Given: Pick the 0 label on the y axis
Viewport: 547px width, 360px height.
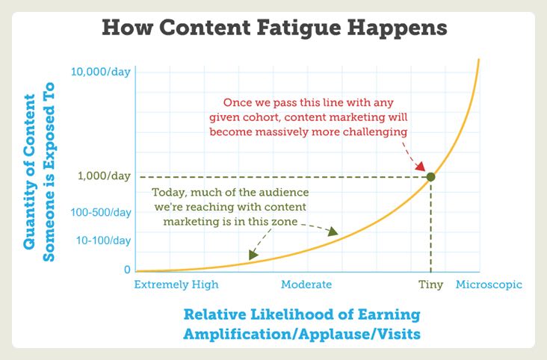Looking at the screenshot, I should [x=127, y=269].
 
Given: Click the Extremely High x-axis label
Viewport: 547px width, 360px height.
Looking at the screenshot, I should [x=176, y=285].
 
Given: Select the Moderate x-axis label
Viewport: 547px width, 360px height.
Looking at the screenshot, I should [x=306, y=285].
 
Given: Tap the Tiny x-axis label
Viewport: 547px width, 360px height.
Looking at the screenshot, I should [x=430, y=285].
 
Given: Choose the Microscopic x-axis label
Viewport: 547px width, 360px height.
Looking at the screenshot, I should [x=489, y=285].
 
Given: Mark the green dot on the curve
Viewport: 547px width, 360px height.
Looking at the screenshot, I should [x=430, y=176].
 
